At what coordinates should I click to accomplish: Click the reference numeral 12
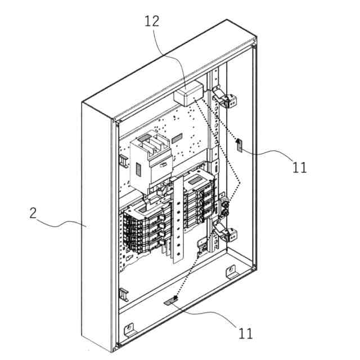click(152, 21)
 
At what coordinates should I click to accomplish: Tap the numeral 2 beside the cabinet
click(33, 213)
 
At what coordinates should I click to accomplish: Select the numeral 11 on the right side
click(300, 167)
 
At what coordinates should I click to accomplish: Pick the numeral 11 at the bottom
click(245, 333)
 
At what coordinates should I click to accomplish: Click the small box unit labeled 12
click(188, 93)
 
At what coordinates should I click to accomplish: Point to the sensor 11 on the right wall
click(239, 145)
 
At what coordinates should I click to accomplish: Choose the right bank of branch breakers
click(201, 201)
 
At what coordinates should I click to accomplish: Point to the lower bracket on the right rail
click(226, 233)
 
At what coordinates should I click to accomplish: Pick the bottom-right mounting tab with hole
click(230, 272)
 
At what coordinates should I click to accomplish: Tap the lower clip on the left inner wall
click(122, 294)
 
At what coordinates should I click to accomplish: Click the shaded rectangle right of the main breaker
click(177, 137)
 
